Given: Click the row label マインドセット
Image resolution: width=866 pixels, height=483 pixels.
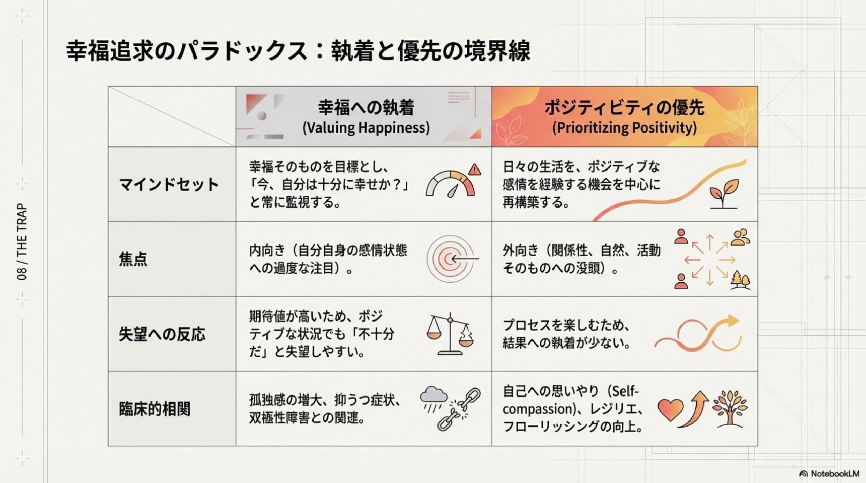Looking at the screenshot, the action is [169, 184].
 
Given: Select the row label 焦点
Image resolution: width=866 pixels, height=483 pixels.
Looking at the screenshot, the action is [133, 259].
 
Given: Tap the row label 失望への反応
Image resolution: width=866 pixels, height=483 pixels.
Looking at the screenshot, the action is [162, 334].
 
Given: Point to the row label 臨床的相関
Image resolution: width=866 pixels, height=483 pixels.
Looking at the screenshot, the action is [155, 409].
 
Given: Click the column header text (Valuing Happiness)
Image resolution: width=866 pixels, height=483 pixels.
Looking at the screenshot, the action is [366, 128].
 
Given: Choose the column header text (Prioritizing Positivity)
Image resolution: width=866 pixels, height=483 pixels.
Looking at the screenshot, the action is [624, 128].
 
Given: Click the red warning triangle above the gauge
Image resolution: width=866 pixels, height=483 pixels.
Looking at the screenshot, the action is [474, 169].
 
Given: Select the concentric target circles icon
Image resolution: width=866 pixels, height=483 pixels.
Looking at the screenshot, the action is [450, 259].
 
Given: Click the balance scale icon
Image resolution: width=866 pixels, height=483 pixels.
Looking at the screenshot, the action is [450, 334].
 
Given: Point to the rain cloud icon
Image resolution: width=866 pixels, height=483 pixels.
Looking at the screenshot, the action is [433, 399].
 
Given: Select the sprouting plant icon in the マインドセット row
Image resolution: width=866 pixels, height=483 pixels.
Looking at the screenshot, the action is [724, 194].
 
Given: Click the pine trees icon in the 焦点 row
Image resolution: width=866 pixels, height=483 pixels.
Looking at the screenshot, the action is [740, 280].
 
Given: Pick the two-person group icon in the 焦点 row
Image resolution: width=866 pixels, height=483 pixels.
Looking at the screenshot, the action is [741, 237].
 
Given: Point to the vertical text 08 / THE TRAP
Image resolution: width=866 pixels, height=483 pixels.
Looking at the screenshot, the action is [22, 242].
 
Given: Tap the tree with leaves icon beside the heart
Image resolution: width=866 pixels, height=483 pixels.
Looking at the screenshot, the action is [730, 409].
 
